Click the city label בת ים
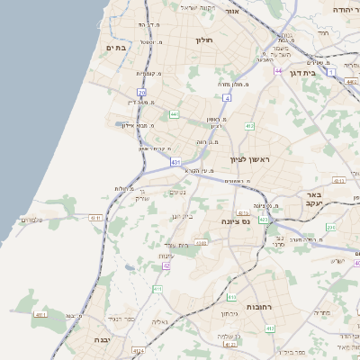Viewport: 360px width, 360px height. [x=118, y=47]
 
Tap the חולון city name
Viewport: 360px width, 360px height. [x=202, y=40]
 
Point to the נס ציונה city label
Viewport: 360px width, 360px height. [x=235, y=220]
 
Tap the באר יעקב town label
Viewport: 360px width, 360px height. [x=313, y=200]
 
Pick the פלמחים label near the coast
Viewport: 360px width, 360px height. [x=31, y=220]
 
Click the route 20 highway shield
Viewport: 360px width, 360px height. [x=142, y=93]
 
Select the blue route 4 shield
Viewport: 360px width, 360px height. [x=228, y=97]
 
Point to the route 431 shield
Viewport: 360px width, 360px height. [x=175, y=162]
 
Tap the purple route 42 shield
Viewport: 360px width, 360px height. [x=166, y=265]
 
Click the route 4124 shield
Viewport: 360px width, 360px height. [x=138, y=350]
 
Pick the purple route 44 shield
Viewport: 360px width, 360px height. [x=279, y=70]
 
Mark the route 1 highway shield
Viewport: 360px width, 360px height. [x=331, y=71]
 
